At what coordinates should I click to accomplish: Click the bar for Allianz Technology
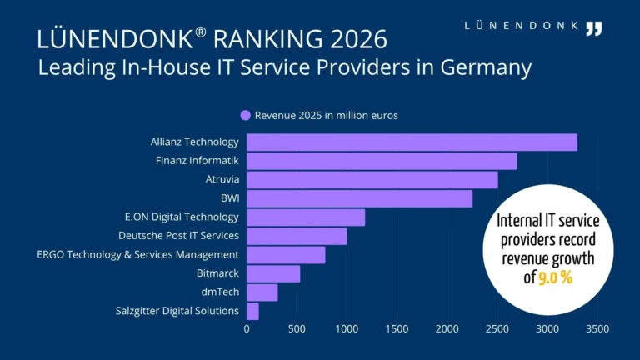pos(412,142)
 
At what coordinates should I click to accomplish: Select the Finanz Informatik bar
pos(382,161)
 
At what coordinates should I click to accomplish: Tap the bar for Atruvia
pos(372,180)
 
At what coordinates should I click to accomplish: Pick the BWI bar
pos(360,199)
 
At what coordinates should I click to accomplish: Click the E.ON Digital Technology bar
pos(306,217)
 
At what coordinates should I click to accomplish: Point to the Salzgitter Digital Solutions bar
pos(252,312)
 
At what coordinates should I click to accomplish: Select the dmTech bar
pos(262,292)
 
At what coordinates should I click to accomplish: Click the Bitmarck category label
pos(217,273)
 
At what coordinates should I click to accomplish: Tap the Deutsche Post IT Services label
pos(179,236)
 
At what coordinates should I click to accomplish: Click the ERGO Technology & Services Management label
pos(138,254)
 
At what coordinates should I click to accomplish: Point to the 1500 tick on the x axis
pos(397,329)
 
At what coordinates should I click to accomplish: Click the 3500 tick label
pos(597,329)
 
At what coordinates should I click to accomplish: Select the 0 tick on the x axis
pos(247,329)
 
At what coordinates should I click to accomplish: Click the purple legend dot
pos(245,116)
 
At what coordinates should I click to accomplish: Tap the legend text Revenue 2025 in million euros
pos(327,116)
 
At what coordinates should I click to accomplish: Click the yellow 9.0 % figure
pos(556,278)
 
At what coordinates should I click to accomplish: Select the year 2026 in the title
pos(358,39)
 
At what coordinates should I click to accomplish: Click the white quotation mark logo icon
pos(594,29)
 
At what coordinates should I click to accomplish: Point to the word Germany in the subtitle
pos(486,67)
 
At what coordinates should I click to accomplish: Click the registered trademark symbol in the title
pos(200,32)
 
